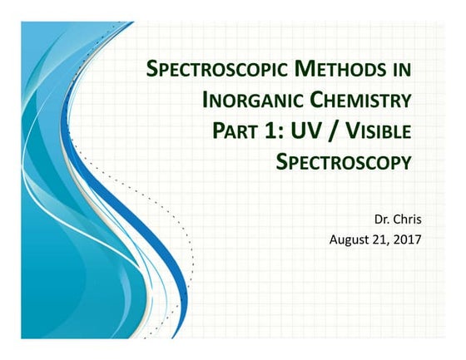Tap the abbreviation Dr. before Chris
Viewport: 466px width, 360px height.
click(x=385, y=222)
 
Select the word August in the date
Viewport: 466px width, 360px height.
click(x=349, y=241)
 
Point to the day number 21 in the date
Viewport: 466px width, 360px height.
click(x=381, y=241)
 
